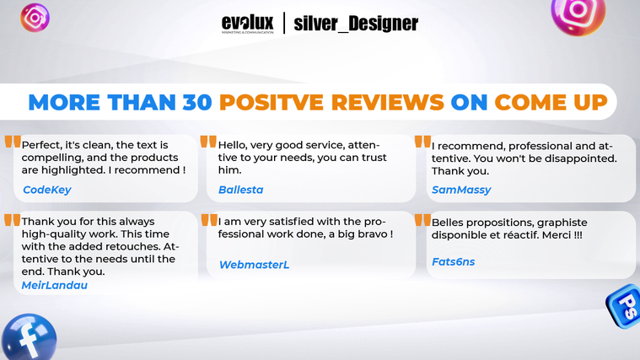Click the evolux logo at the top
(x=247, y=24)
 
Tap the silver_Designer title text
(x=356, y=24)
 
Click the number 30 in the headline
(x=197, y=102)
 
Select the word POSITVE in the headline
(x=272, y=102)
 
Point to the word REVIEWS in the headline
(x=388, y=102)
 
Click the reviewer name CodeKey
(x=47, y=190)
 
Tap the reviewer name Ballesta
(x=241, y=190)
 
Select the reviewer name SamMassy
(x=461, y=190)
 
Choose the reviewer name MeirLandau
(x=54, y=285)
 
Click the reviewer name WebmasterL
(x=254, y=265)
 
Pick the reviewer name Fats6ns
(x=453, y=261)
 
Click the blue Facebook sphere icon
(x=29, y=337)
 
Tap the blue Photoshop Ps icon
(x=625, y=305)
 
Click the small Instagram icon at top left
(x=35, y=18)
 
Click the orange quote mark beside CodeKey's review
(x=13, y=142)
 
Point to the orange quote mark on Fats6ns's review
(x=422, y=220)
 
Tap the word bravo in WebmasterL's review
(x=373, y=234)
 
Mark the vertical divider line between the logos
(x=284, y=23)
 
